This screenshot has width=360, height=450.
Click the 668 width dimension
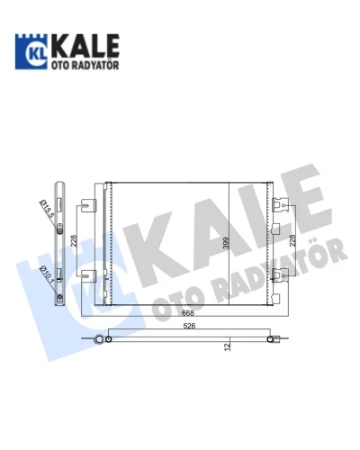tap(188, 313)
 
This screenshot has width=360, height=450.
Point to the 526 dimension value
tap(189, 326)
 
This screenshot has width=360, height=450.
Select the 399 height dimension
tap(226, 243)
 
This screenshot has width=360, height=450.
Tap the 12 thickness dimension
tap(228, 347)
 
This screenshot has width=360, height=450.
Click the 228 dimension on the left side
tap(74, 241)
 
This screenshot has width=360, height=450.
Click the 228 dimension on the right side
tap(292, 240)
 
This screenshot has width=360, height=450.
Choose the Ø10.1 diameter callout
tap(47, 274)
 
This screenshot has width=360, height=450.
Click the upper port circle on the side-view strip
tap(60, 231)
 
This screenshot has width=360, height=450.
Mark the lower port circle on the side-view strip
tap(60, 297)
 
